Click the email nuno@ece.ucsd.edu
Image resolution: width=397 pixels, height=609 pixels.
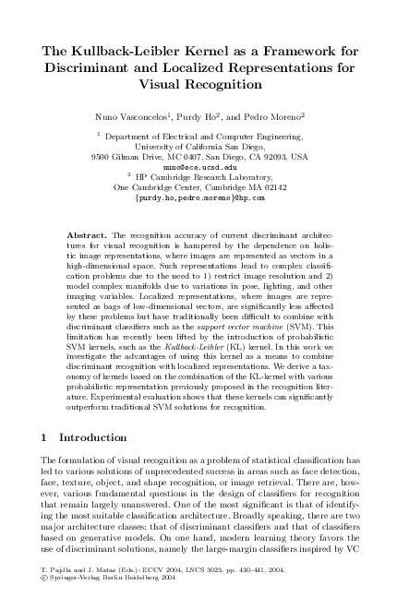198,167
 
